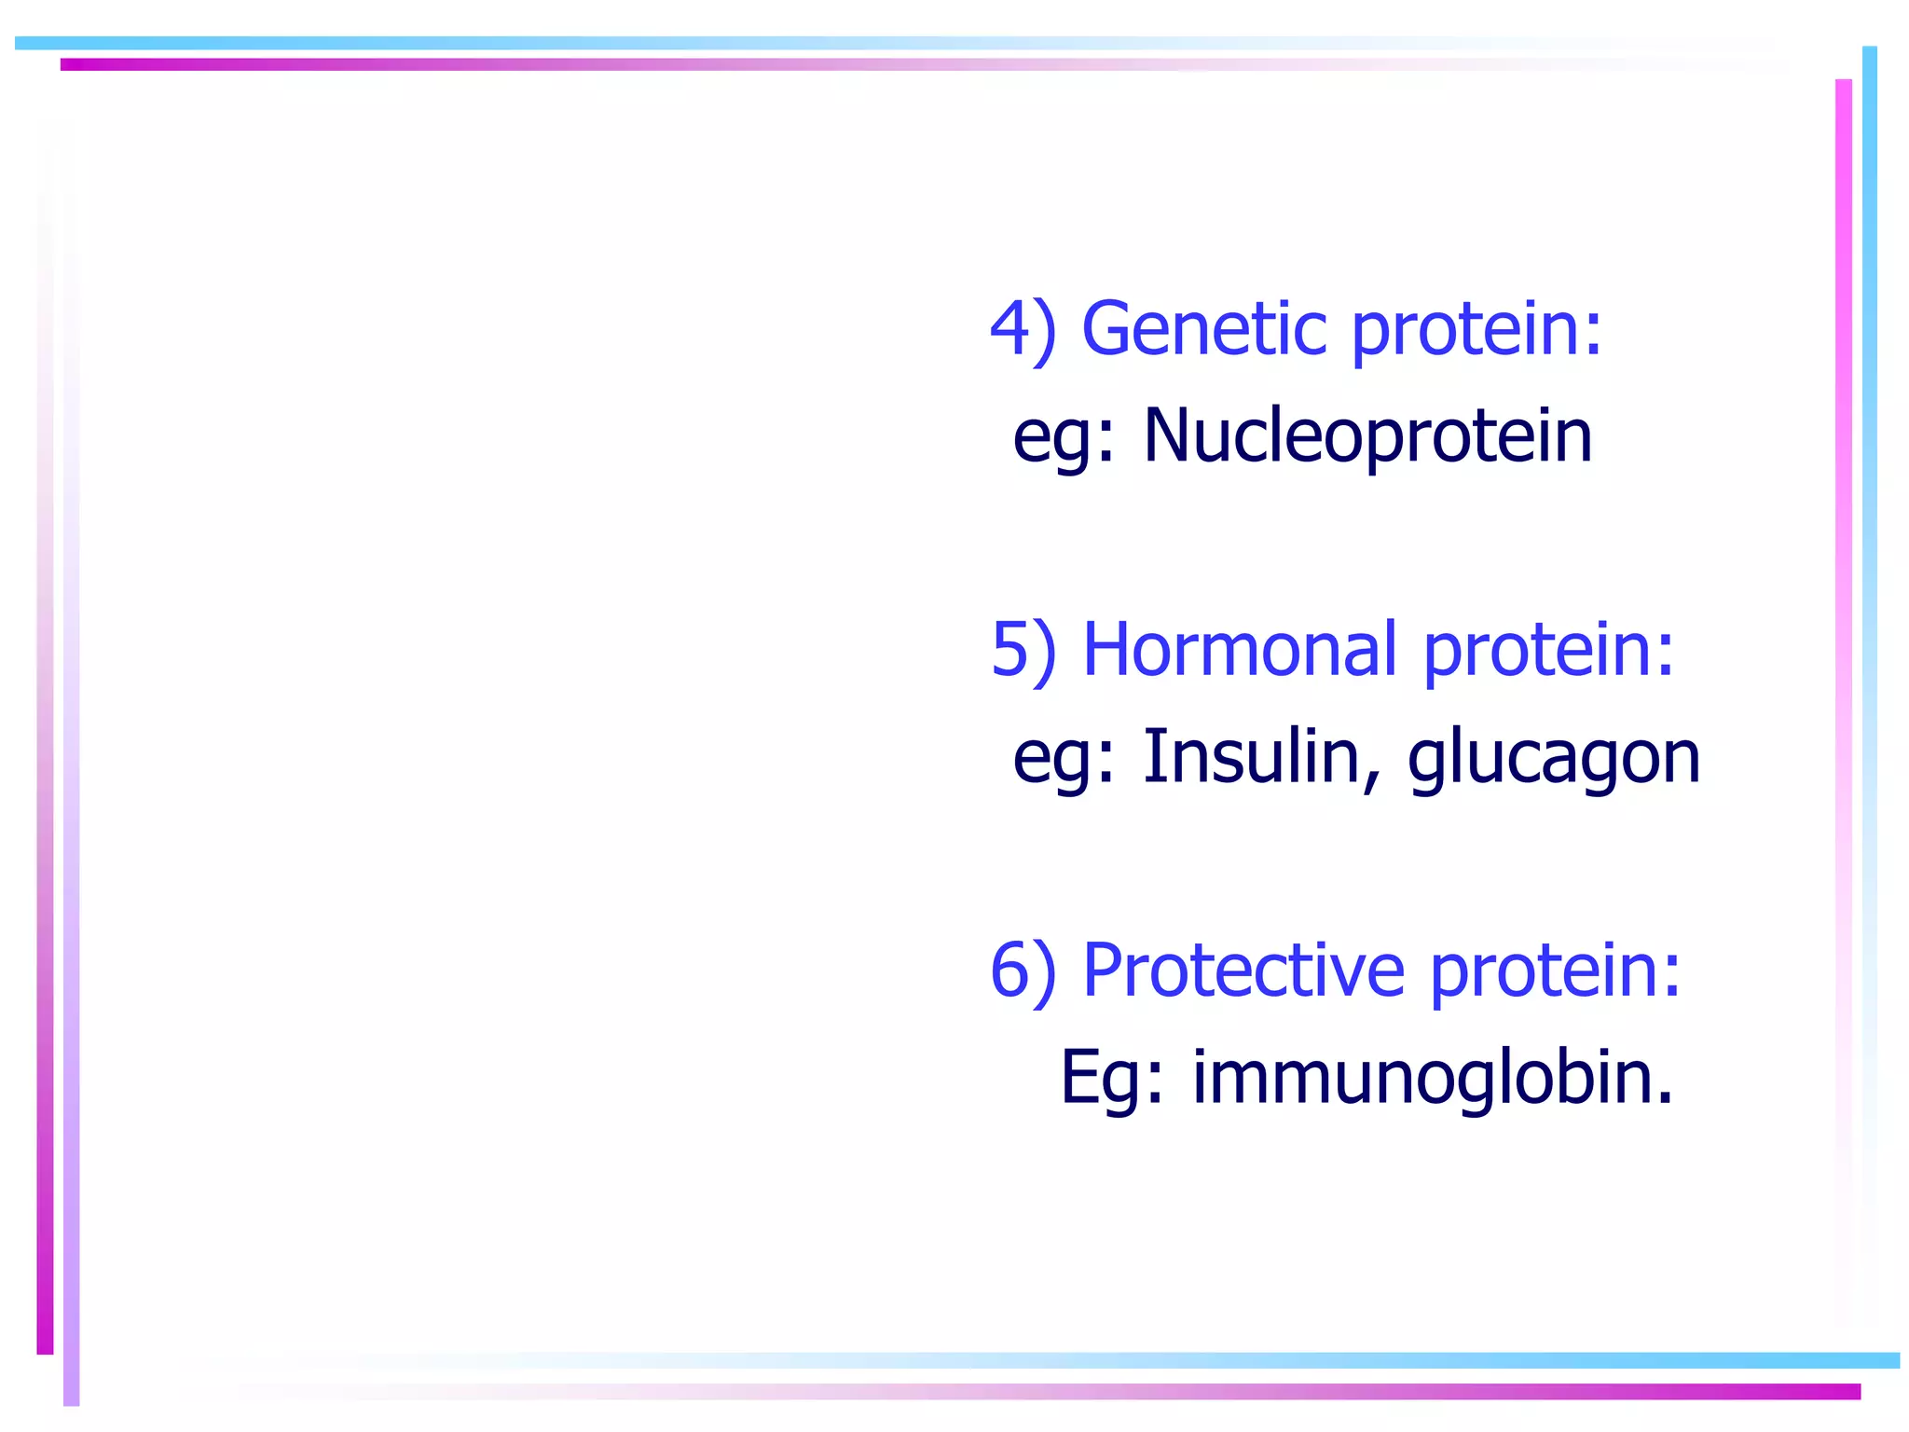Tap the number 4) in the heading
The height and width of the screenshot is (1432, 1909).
pos(1023,330)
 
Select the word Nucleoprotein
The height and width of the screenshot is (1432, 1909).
pos(1367,435)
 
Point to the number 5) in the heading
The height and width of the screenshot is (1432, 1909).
pos(1023,651)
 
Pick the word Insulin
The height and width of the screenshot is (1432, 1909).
pos(1251,756)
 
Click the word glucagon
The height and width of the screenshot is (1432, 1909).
pos(1554,760)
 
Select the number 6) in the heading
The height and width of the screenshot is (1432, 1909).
pos(1023,971)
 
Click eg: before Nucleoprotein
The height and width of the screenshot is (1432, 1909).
pos(1064,439)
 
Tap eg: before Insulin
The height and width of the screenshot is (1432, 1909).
pos(1064,760)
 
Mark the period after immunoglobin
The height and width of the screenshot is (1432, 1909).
pos(1665,1100)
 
